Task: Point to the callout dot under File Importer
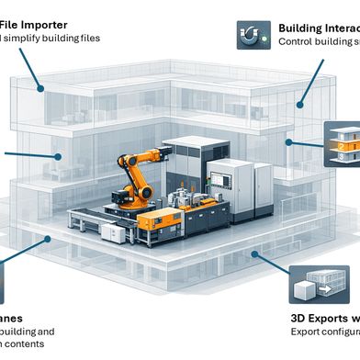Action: point(40,87)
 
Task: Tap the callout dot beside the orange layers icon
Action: point(289,142)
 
